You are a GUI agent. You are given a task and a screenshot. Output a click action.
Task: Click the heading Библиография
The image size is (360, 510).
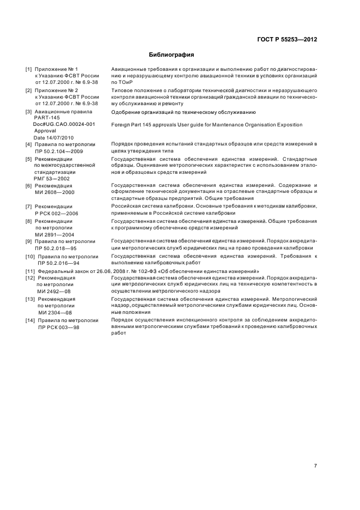[172, 55]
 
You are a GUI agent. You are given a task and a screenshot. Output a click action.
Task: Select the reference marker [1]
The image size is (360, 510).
[29, 69]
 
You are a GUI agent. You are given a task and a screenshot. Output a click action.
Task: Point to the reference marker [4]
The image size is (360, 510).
[29, 144]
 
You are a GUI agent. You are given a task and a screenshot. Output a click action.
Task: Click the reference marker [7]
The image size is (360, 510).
[29, 207]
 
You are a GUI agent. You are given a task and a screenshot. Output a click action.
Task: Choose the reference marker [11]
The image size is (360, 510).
[30, 271]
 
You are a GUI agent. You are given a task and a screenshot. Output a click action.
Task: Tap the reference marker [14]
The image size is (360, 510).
[30, 320]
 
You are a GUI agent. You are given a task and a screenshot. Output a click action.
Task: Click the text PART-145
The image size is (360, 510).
[47, 118]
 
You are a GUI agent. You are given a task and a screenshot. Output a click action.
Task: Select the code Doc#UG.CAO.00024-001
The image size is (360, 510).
[64, 125]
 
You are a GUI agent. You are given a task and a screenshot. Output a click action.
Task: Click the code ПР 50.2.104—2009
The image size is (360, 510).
[59, 151]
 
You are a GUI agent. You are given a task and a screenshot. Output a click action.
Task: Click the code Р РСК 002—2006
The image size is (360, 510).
[57, 214]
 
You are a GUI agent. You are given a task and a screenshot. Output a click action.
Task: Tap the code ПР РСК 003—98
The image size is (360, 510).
[58, 327]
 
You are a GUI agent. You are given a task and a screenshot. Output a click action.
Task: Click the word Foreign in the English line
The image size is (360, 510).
[120, 125]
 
